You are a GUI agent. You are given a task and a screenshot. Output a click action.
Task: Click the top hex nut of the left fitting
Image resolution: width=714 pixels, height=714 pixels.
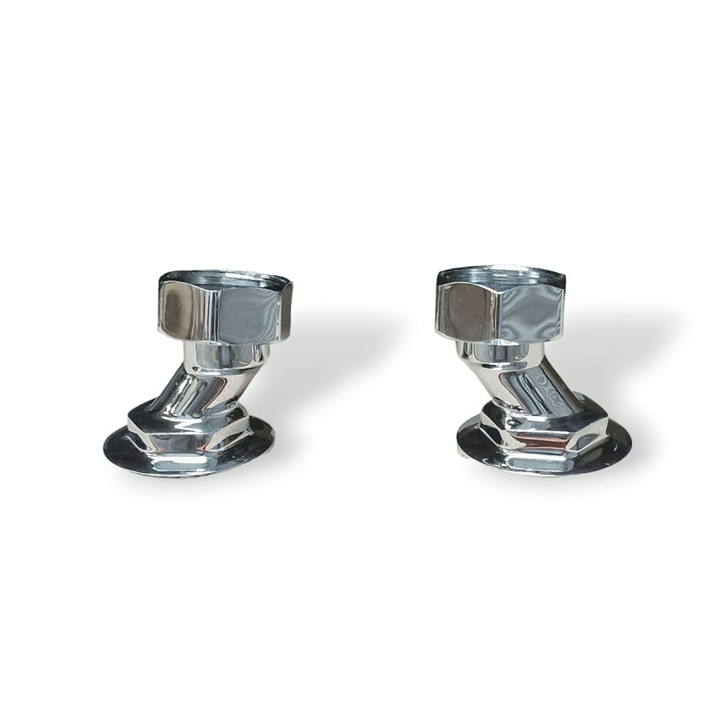[225, 308]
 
